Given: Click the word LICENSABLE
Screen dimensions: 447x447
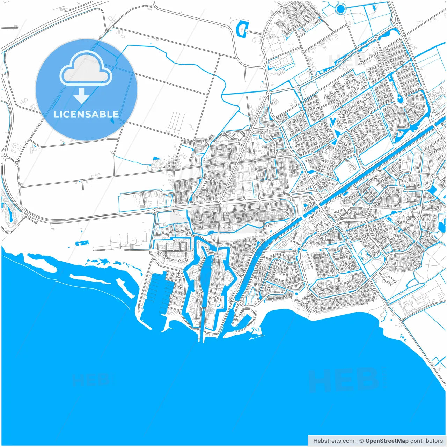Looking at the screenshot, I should click(86, 114).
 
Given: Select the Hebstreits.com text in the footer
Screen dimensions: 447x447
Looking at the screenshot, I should click(334, 441).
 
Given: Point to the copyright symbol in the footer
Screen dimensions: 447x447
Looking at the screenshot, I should click(361, 441).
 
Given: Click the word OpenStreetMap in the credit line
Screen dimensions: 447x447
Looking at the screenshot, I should click(387, 441).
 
